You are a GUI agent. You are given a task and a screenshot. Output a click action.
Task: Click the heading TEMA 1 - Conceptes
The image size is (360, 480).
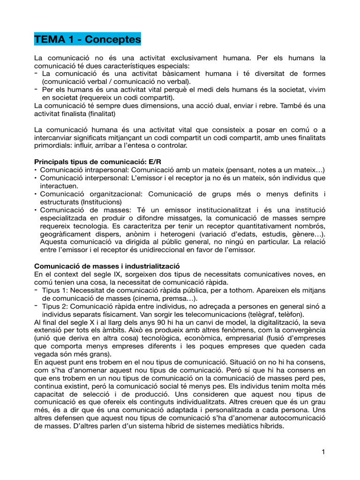click(88, 39)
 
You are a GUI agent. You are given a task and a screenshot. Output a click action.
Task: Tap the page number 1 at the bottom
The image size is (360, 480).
click(323, 452)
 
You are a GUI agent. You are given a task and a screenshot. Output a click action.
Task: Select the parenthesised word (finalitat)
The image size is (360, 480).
click(97, 113)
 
